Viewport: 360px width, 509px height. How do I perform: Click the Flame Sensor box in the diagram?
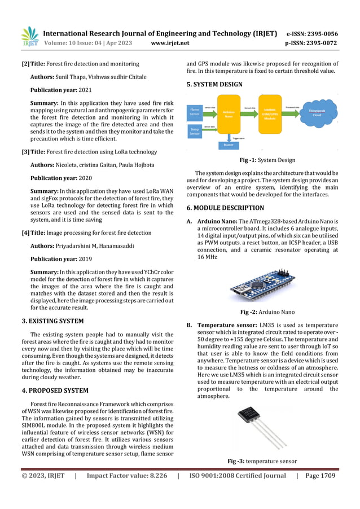(x=195, y=111)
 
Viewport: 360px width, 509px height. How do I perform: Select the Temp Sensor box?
(x=195, y=132)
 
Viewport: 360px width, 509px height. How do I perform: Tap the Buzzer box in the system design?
(x=229, y=145)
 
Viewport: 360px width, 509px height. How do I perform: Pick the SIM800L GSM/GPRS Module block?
(x=270, y=114)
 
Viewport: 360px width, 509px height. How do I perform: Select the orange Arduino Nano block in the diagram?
(x=229, y=115)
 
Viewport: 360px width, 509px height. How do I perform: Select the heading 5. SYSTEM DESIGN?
(x=214, y=85)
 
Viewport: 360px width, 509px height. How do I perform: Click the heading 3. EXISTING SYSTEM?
(x=52, y=321)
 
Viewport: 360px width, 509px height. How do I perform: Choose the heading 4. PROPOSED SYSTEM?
(x=55, y=390)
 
